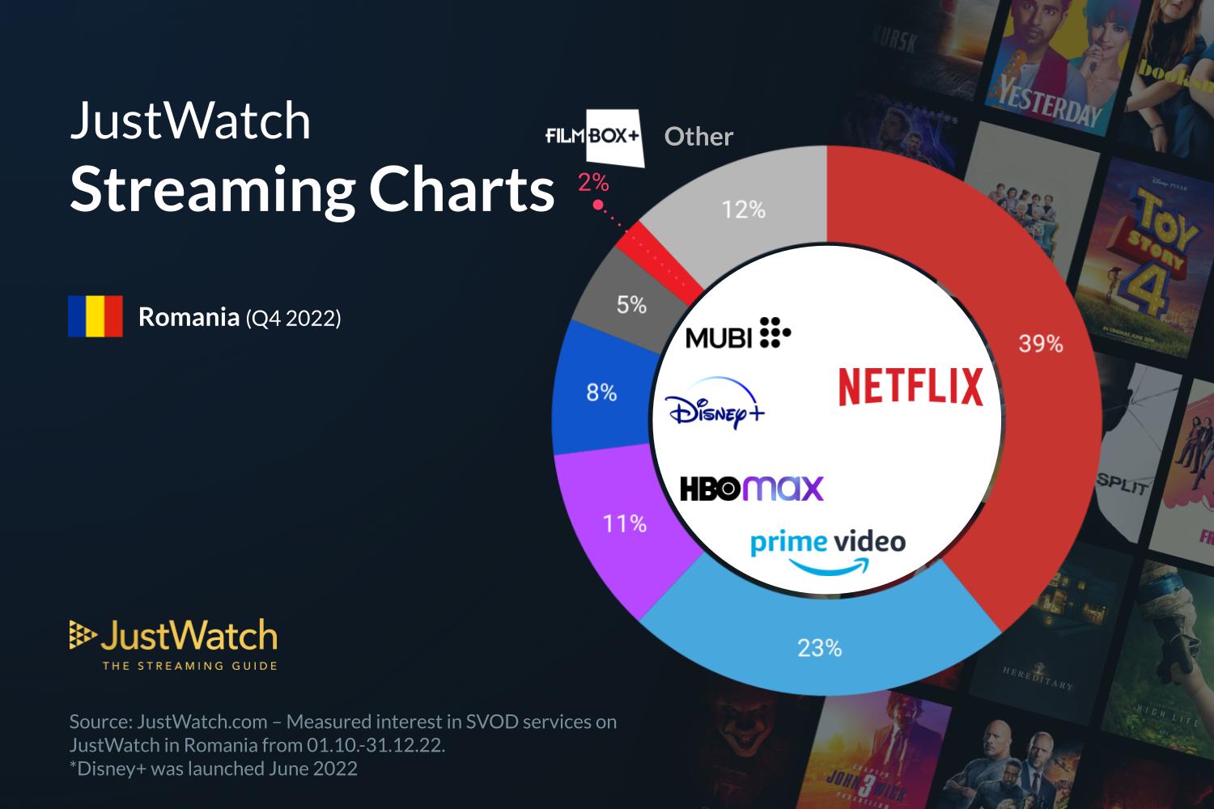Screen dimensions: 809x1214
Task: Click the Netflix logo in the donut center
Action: [x=910, y=386]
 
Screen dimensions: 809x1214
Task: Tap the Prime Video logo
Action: [x=828, y=551]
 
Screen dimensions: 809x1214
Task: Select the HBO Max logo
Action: [x=751, y=489]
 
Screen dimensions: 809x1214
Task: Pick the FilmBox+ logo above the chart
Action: [x=594, y=137]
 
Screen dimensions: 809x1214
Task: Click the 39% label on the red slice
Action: [x=1040, y=345]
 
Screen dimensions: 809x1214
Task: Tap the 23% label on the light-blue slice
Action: [x=819, y=648]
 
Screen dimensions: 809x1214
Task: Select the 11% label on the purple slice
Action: [x=624, y=524]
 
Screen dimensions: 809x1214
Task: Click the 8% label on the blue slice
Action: [x=601, y=393]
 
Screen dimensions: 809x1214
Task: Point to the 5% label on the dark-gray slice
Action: [x=631, y=305]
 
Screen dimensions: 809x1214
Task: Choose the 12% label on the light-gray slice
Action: [x=744, y=210]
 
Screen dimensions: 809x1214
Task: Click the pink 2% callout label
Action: [x=593, y=184]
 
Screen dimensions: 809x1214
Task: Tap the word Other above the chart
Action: [x=698, y=137]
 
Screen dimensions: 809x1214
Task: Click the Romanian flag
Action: [x=96, y=316]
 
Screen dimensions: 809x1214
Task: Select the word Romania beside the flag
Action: [x=188, y=317]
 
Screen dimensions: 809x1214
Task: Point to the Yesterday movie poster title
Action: [x=1050, y=102]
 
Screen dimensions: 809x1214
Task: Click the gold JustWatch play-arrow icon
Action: [x=82, y=636]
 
